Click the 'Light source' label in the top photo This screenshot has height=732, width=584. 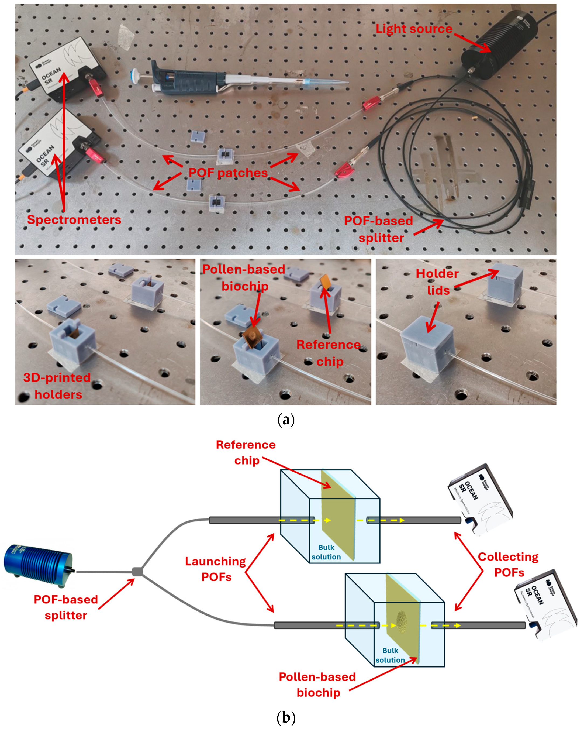[414, 29]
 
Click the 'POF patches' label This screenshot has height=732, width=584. [228, 173]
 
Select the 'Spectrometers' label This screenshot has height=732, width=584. [74, 220]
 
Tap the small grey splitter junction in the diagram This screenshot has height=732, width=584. [137, 572]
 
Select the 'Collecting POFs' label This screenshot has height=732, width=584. [508, 565]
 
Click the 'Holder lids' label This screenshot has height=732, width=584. [438, 282]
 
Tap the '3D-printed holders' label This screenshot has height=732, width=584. [57, 386]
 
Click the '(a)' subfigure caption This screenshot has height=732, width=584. [286, 420]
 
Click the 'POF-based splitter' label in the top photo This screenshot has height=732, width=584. [379, 229]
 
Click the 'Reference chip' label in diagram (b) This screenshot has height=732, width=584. [246, 453]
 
